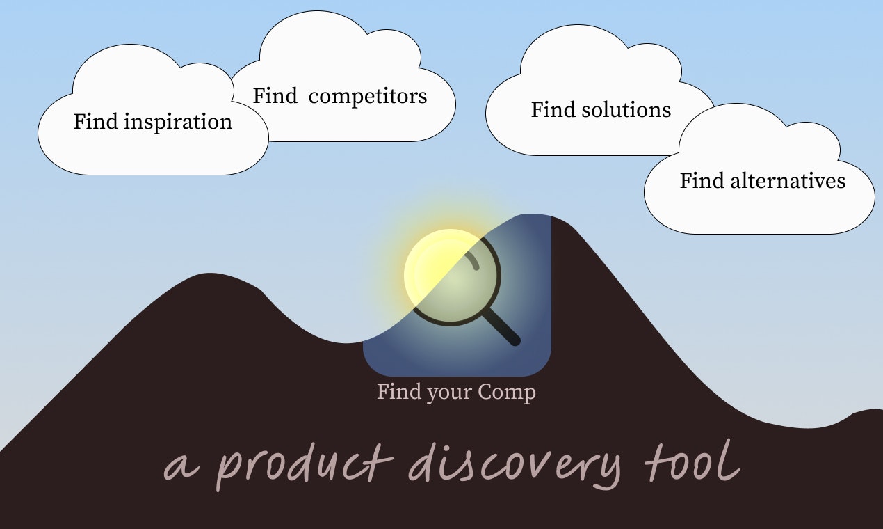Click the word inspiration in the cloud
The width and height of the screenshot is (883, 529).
[178, 123]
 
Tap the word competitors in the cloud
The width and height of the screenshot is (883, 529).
[368, 96]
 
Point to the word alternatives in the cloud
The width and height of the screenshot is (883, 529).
[788, 181]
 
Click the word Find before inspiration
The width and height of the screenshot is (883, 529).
[97, 123]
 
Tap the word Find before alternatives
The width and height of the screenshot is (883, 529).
[702, 181]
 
